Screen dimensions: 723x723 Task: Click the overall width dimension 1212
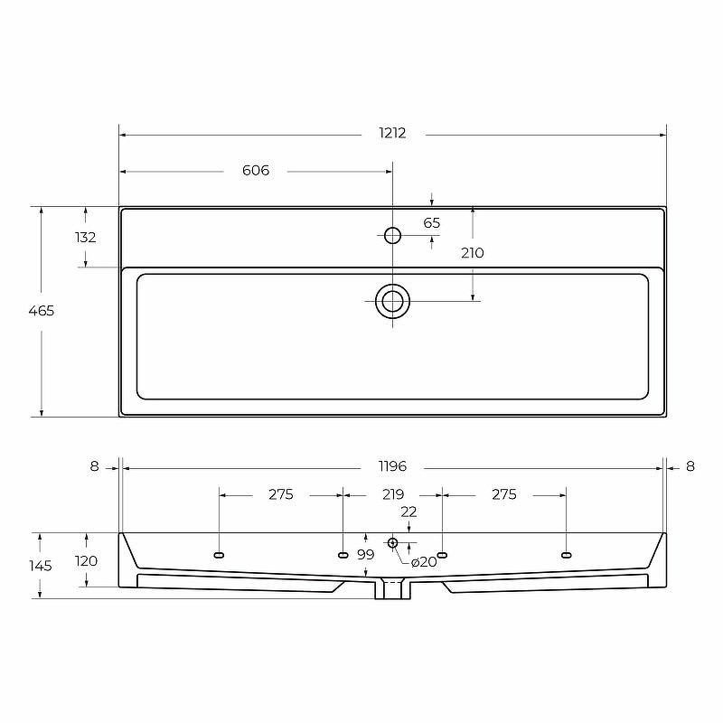[392, 133]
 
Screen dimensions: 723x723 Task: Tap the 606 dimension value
[256, 171]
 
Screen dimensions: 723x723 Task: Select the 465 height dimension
[42, 311]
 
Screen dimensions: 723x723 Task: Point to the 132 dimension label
[86, 238]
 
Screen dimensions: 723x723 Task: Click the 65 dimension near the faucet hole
[432, 223]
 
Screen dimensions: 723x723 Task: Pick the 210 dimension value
[473, 253]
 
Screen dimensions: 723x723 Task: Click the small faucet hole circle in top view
[393, 235]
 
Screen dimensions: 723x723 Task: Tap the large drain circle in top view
[393, 302]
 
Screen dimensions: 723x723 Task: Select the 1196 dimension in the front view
[393, 466]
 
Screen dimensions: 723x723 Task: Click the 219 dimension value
[393, 494]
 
